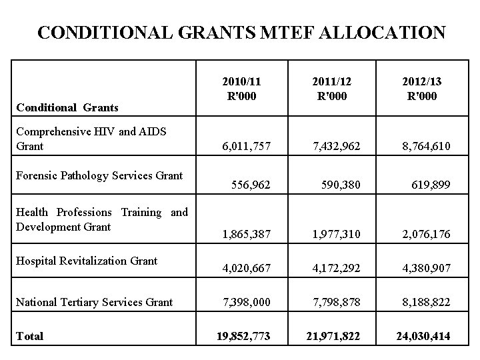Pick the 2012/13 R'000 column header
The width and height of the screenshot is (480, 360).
pos(422,88)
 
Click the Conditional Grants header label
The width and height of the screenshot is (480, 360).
pos(67,107)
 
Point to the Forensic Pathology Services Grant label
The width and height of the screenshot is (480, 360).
pos(99,176)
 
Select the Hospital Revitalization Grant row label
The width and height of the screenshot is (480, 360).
pos(86,261)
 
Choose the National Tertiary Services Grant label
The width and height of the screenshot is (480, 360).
pos(94,302)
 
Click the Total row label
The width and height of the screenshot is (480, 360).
pos(29,337)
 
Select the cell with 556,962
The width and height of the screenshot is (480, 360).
pos(251,184)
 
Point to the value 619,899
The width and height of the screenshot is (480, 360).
pos(431,184)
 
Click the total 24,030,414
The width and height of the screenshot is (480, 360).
pos(422,337)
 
